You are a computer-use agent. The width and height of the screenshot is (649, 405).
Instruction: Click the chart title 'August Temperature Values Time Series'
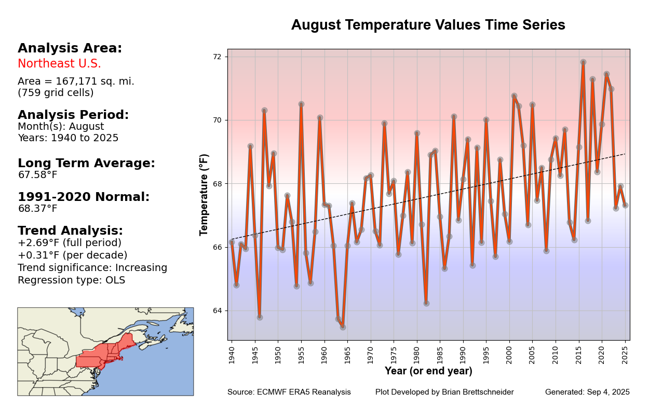tap(428, 25)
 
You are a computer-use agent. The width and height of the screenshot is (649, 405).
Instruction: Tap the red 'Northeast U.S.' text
tap(59, 64)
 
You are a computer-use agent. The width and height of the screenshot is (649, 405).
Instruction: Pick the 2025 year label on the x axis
tap(625, 353)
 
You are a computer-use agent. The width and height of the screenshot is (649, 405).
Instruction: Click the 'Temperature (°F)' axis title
tap(204, 194)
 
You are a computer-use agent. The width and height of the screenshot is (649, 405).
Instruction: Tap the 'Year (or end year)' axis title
tap(428, 371)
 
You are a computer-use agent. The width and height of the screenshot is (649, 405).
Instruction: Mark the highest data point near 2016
tap(583, 62)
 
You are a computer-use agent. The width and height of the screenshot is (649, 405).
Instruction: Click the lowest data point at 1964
tap(343, 327)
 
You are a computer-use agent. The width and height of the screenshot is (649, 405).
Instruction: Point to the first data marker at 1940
tap(232, 242)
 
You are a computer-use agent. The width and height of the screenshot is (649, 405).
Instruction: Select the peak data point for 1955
tap(301, 104)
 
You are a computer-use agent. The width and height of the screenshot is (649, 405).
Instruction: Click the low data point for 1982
tap(426, 303)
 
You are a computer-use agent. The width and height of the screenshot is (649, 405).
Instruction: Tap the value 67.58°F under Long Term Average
tap(37, 175)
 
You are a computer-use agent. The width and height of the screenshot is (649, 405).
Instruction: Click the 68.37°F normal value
tap(37, 209)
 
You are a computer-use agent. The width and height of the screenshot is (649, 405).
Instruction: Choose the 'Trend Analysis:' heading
tap(70, 231)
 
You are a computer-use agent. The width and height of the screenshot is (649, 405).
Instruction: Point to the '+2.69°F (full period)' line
tap(70, 243)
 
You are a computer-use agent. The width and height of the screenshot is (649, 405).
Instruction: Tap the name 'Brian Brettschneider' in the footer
tap(477, 392)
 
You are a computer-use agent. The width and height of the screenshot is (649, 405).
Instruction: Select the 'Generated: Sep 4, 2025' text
tap(587, 392)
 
